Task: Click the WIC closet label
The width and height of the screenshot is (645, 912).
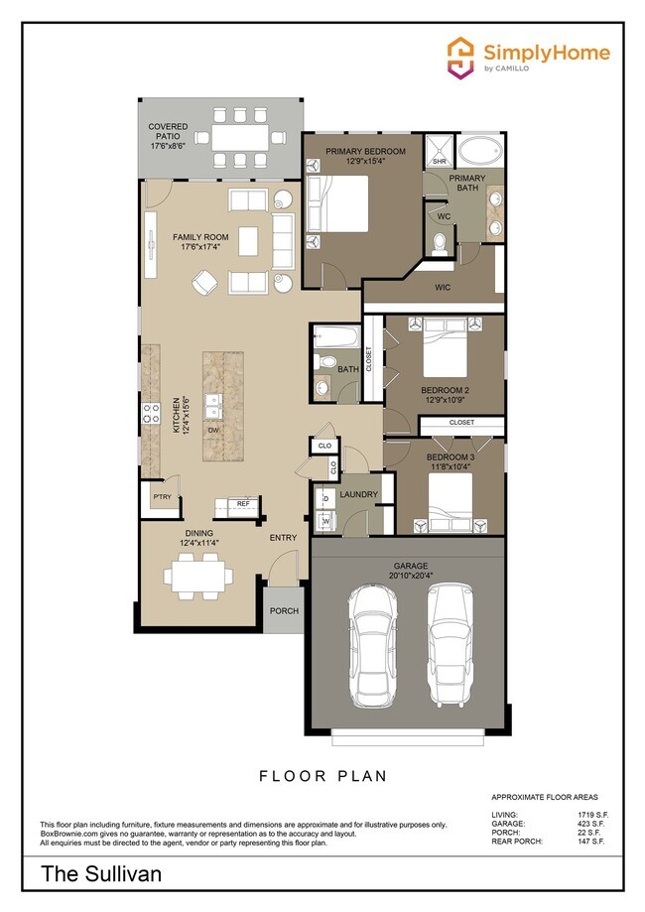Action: (444, 288)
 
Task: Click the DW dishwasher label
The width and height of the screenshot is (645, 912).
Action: (213, 429)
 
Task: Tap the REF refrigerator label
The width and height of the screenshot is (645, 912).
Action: (242, 504)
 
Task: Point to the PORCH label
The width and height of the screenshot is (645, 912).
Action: (284, 610)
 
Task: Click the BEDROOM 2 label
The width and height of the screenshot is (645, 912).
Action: (445, 393)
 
